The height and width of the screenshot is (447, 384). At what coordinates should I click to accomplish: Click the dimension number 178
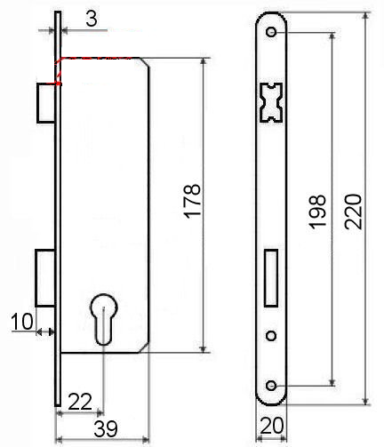pos(192,202)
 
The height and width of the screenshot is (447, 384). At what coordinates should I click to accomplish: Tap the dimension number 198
pos(317,212)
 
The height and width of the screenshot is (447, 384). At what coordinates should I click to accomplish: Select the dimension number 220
pos(353,212)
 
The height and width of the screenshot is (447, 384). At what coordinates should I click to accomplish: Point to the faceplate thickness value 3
pos(92,20)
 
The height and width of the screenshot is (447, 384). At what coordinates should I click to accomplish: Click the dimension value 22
pos(80,402)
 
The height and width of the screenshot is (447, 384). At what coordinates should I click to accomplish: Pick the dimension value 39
pos(106,428)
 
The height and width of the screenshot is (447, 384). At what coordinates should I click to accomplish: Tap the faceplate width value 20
pos(272,426)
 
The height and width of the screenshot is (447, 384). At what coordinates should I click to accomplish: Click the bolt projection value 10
pos(21,322)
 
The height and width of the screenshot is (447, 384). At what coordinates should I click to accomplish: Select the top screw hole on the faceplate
pos(271,32)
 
